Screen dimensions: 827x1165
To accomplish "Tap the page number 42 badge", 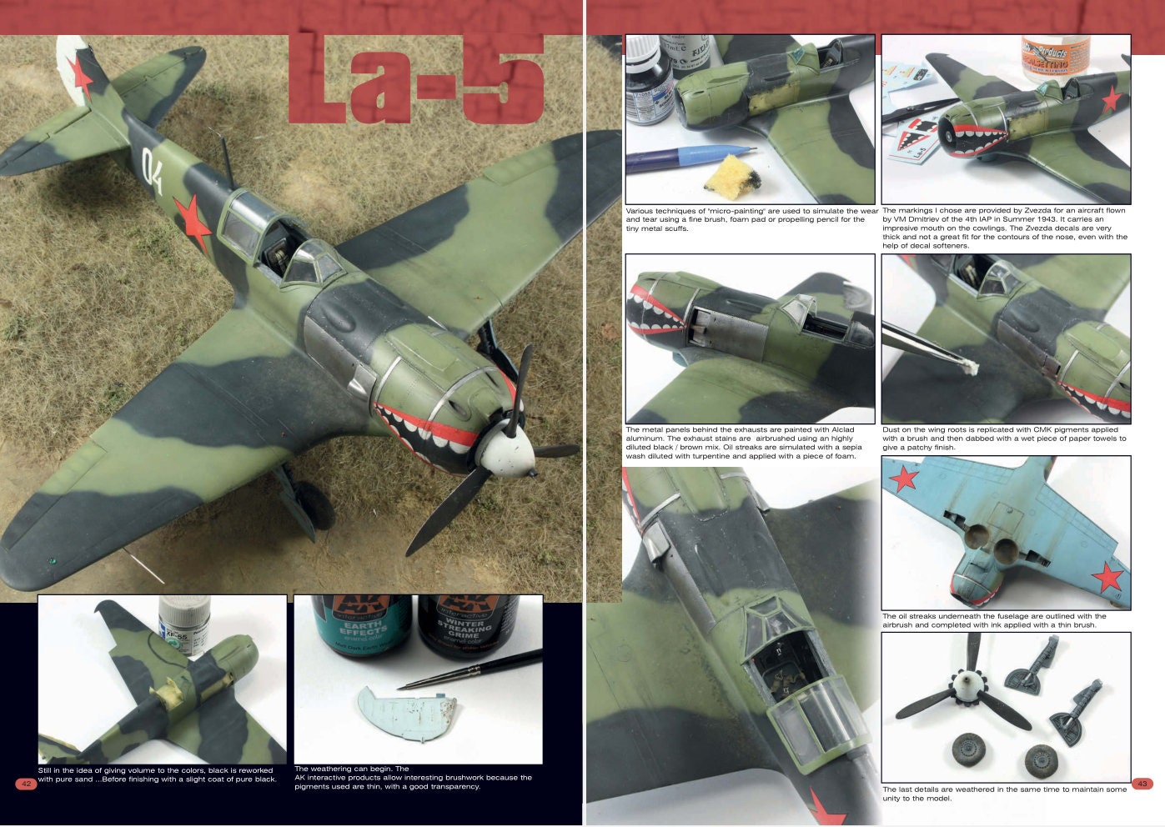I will pos(26,784).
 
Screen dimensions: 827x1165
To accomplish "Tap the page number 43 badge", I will pos(1142,784).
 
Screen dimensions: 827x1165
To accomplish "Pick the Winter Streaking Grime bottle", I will pos(466,625).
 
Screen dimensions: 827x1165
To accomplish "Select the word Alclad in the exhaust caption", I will pos(836,429).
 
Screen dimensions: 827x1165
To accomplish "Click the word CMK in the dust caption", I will pos(1047,429).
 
